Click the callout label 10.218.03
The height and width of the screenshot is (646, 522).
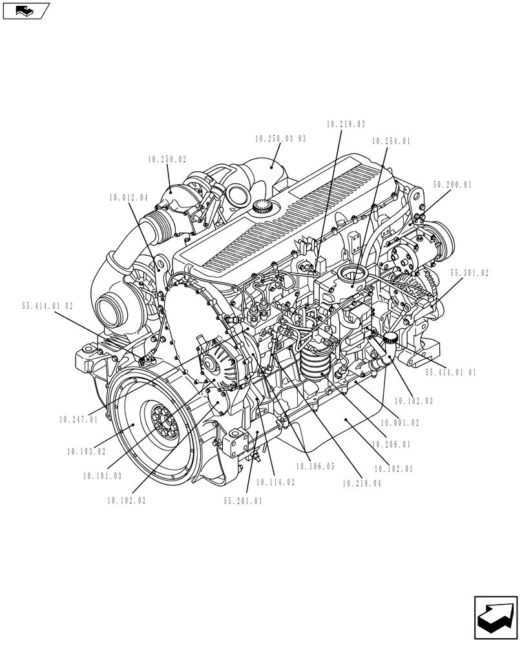(346, 123)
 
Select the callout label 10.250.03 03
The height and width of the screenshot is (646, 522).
(280, 139)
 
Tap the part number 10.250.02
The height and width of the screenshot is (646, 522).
(167, 159)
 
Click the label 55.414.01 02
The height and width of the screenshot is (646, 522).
(48, 306)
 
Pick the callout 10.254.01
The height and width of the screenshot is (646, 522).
(391, 140)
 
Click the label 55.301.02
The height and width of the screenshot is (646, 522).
(469, 273)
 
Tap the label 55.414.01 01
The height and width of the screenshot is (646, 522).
(451, 373)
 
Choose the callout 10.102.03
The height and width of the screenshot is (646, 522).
(413, 401)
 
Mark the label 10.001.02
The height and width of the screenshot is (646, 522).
(401, 422)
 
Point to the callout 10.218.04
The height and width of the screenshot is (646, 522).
(362, 483)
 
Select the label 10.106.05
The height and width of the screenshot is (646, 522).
(315, 466)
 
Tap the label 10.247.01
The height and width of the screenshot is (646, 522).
(78, 419)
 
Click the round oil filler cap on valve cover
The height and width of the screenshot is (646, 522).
(262, 207)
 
